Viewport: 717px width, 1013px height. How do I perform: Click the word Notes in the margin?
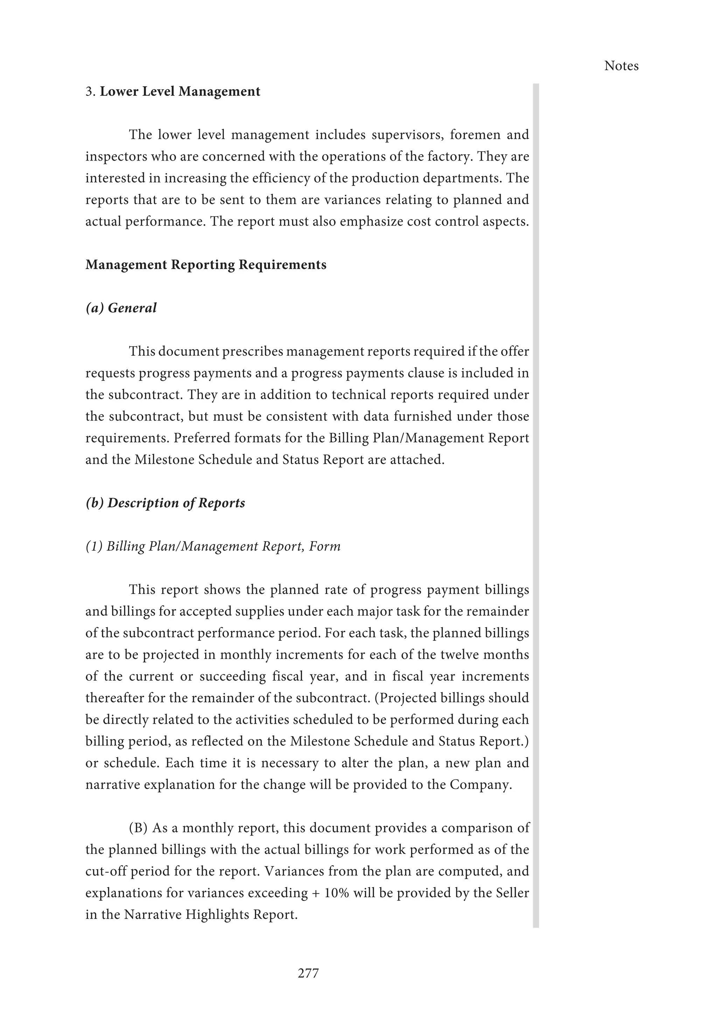[621, 66]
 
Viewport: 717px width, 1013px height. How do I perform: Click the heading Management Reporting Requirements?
[206, 265]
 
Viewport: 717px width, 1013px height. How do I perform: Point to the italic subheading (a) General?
[121, 308]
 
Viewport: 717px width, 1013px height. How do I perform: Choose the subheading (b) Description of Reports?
[165, 503]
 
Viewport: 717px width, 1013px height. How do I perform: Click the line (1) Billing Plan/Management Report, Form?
[213, 546]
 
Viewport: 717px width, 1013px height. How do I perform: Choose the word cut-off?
[105, 871]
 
